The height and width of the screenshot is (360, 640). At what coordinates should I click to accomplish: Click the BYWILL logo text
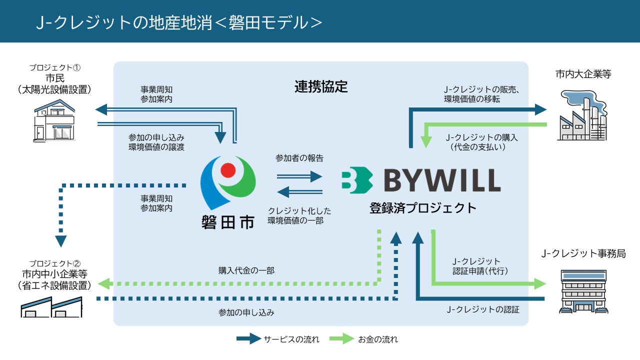click(x=442, y=180)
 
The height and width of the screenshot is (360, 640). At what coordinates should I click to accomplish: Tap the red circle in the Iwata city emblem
click(x=228, y=171)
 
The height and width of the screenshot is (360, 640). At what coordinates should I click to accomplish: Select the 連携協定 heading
click(x=321, y=86)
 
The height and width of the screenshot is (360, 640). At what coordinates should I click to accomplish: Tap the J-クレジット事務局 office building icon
click(x=583, y=291)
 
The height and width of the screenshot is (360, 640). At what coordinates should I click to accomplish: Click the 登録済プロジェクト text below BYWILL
click(x=423, y=208)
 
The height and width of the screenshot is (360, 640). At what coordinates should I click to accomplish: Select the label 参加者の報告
click(x=299, y=158)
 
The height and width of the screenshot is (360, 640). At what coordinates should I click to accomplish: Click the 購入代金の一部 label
click(x=246, y=270)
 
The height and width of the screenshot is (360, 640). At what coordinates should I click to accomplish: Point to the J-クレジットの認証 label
click(x=483, y=309)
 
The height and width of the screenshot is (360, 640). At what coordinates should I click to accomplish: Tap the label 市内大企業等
click(x=583, y=74)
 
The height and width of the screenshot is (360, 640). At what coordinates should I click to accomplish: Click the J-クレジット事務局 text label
click(x=583, y=254)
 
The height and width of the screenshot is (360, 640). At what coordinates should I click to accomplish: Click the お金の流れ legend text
click(x=378, y=339)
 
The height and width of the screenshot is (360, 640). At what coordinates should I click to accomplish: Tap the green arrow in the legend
click(x=341, y=339)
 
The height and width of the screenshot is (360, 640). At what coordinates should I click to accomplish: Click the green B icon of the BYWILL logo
click(x=357, y=180)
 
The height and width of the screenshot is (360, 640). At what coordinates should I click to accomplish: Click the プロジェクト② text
click(x=55, y=263)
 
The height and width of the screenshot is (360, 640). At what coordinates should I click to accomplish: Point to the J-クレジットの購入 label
click(x=481, y=137)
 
